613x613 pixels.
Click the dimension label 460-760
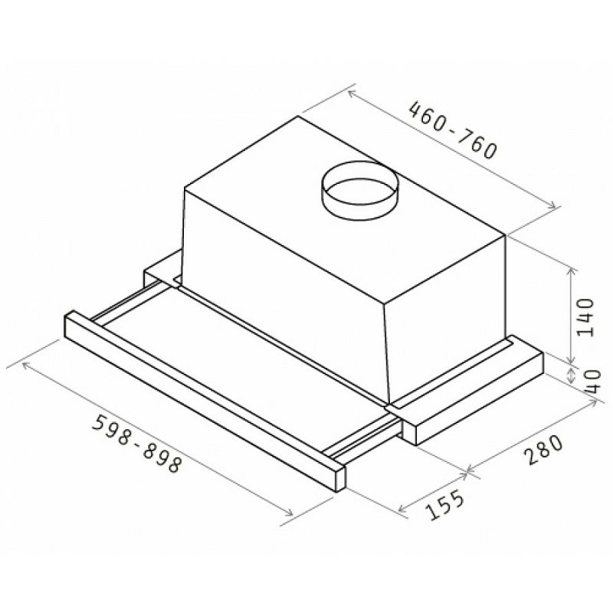click(x=452, y=130)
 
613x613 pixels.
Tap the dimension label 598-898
click(x=137, y=444)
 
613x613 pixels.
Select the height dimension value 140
click(x=585, y=317)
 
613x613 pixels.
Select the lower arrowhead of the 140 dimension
click(x=572, y=359)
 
